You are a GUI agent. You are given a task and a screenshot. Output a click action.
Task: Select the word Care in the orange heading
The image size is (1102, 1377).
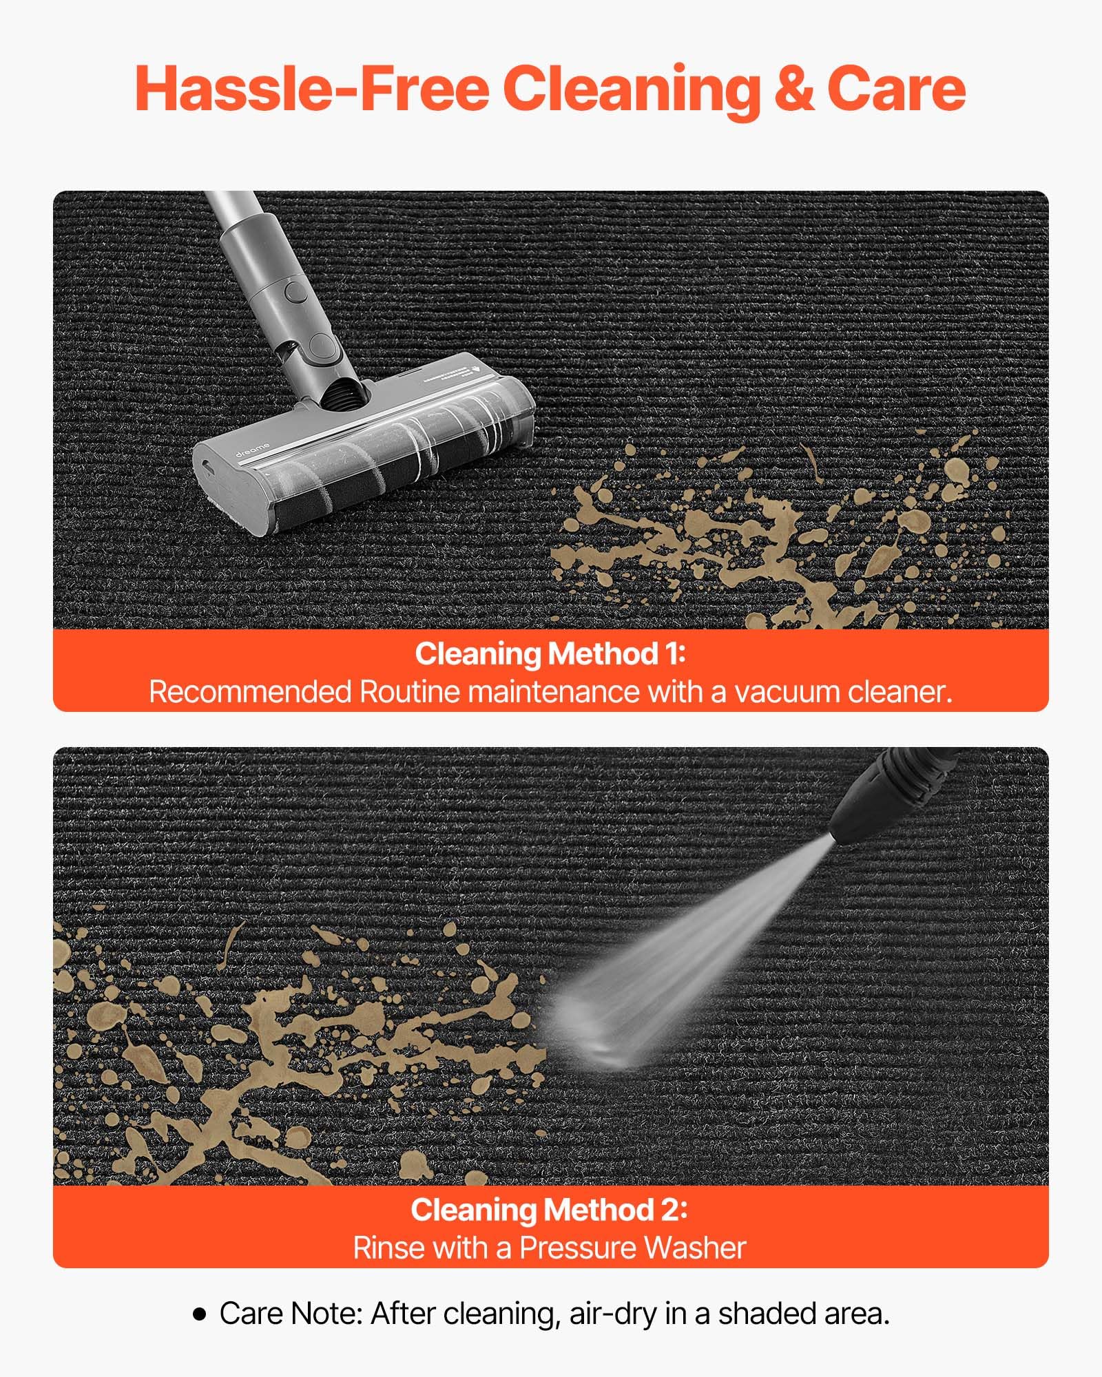click(896, 90)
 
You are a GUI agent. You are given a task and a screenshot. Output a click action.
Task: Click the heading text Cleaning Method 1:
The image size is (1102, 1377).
click(550, 653)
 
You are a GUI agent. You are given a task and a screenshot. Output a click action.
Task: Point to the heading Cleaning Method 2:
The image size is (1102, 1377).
click(550, 1210)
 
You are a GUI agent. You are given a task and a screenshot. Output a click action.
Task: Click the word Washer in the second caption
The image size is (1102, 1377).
click(694, 1248)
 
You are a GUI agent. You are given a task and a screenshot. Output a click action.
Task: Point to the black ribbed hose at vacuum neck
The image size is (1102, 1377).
click(344, 393)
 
